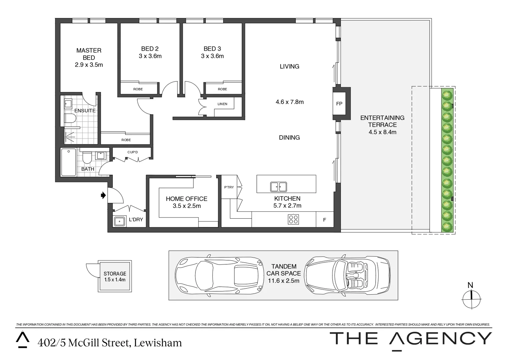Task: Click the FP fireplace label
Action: point(339,104)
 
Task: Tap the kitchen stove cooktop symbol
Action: point(294,219)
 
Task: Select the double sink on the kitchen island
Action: point(279,187)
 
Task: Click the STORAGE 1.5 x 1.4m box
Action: point(115,276)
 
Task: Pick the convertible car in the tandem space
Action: point(348,275)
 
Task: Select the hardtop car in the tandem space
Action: point(219,275)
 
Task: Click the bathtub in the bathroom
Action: point(69,162)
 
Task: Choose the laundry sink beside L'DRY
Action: point(120,221)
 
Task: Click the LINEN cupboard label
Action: point(222,104)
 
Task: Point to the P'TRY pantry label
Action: point(229,187)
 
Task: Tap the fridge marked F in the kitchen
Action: point(324,220)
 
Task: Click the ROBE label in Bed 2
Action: point(138,89)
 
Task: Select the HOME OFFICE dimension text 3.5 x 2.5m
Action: point(187,206)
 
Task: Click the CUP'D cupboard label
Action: point(132,152)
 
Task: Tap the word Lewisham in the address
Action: point(158,343)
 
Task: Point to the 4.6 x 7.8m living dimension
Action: point(290,102)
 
